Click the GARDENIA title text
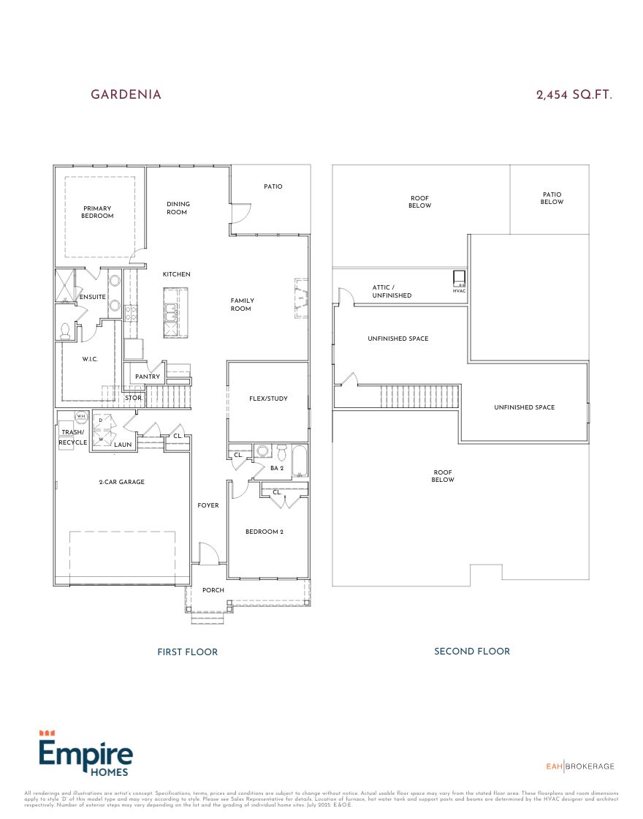point(126,95)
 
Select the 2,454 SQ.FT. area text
point(574,95)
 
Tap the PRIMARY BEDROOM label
point(97,212)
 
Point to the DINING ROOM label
point(178,208)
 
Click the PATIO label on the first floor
point(273,186)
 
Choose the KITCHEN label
point(176,274)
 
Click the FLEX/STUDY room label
point(268,399)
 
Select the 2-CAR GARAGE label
point(121,482)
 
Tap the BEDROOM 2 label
point(264,532)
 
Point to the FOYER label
point(208,505)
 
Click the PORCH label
point(213,590)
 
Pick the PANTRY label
point(148,377)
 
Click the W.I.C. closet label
point(89,359)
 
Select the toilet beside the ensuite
point(65,331)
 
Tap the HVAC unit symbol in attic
point(459,278)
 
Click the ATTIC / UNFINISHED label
point(392,292)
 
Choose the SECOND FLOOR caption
point(472,651)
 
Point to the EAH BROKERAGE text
point(580,766)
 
